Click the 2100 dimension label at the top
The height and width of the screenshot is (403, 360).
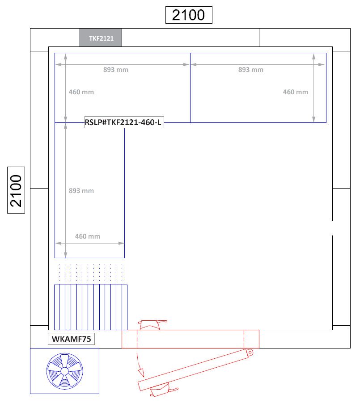[188, 15]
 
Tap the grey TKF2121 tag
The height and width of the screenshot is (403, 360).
[101, 38]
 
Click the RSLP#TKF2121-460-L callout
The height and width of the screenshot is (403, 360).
[124, 122]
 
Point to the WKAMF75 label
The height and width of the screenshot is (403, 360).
[72, 339]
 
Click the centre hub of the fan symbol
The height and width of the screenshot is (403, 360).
[64, 371]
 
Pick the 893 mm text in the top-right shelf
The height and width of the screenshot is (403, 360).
[250, 70]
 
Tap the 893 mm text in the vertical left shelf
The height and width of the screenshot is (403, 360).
[81, 191]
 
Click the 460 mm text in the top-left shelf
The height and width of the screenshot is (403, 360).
[81, 92]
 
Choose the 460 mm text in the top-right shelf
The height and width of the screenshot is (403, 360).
[295, 92]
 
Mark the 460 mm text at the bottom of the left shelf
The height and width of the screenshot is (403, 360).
[87, 236]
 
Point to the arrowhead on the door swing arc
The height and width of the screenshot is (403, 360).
[142, 372]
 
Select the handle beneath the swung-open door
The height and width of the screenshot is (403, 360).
[160, 390]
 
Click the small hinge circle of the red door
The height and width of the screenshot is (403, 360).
[250, 353]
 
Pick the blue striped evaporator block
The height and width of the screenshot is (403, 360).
[91, 306]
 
